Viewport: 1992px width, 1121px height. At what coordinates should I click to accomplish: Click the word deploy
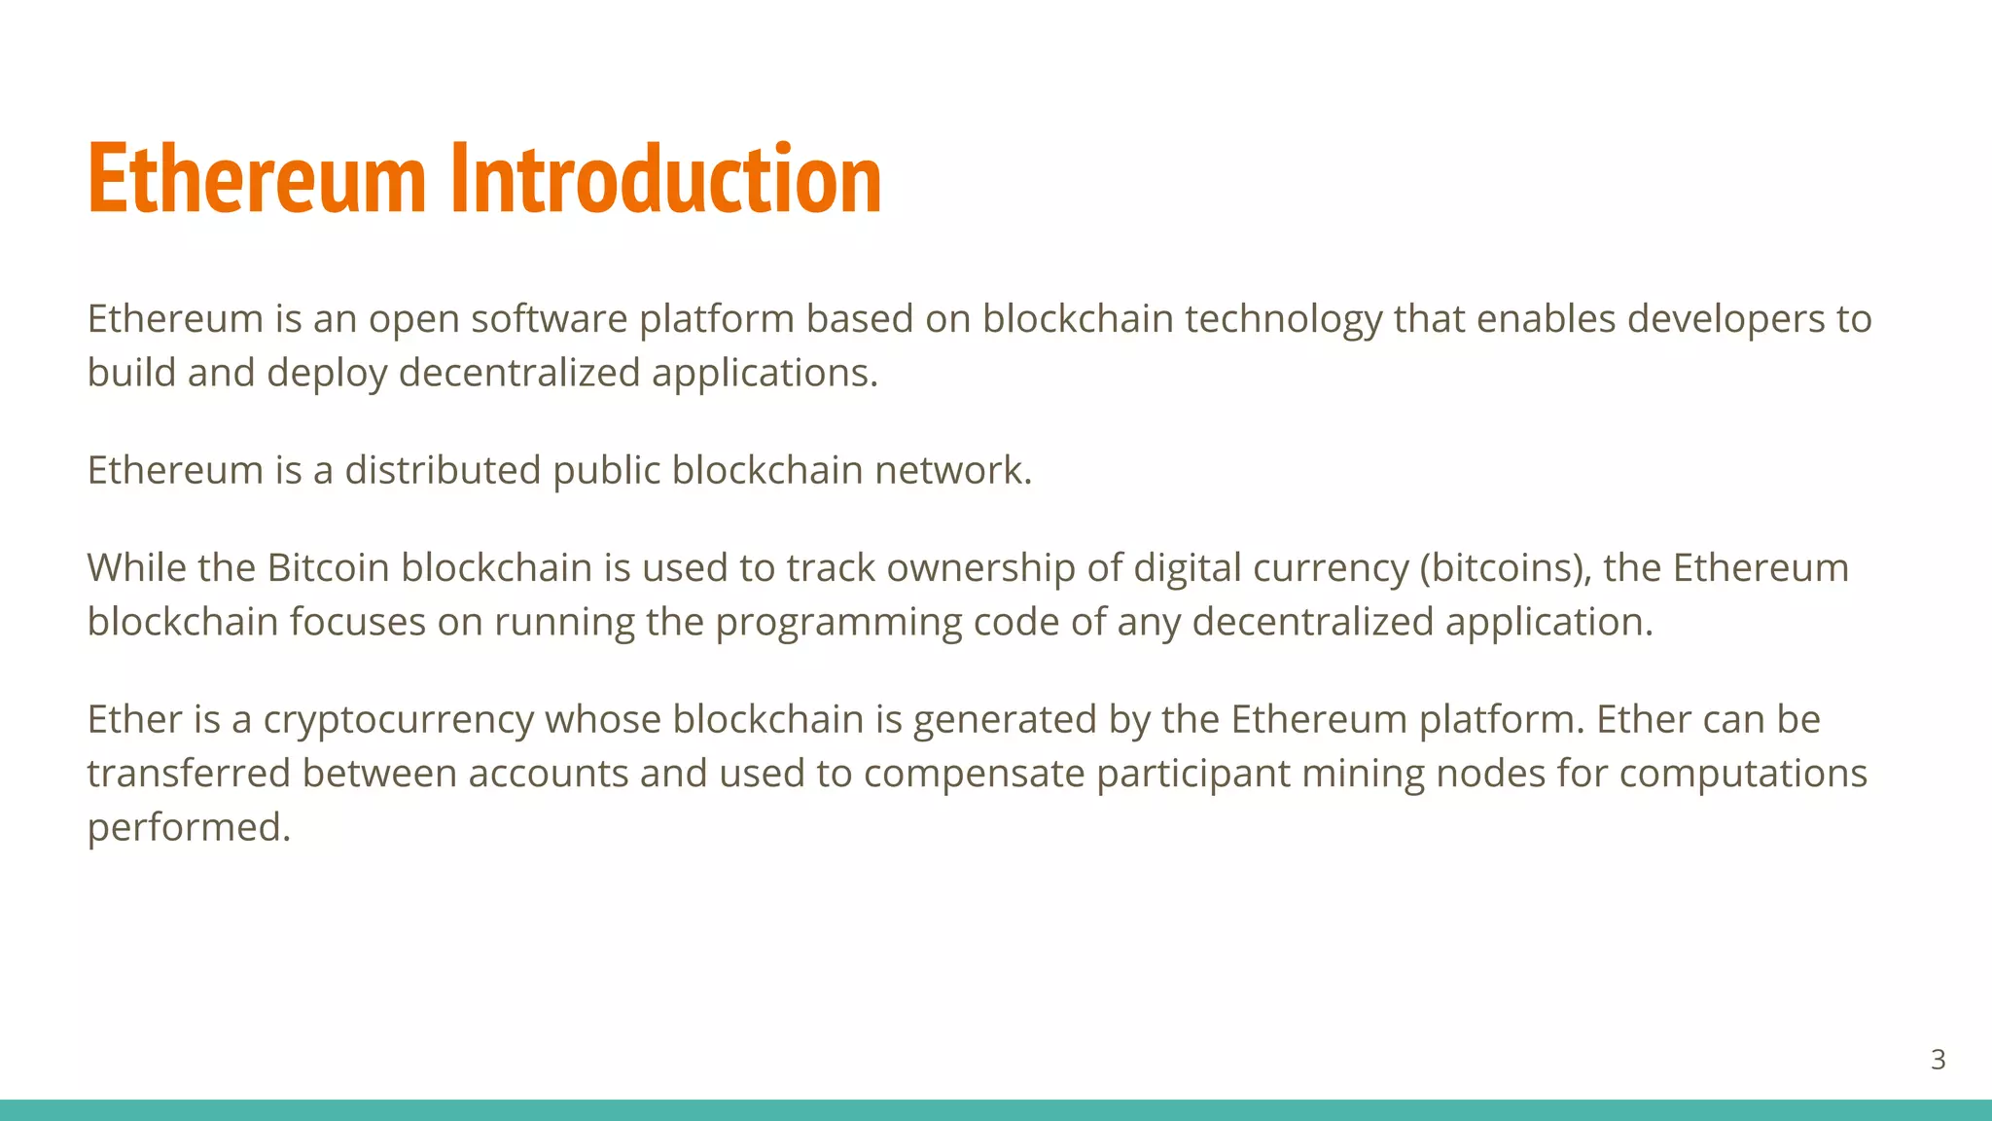coord(327,374)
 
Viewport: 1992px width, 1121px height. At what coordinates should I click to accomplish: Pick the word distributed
coord(443,471)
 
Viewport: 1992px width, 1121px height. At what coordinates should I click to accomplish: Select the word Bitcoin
coord(328,568)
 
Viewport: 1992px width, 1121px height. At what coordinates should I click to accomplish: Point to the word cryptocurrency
coord(398,720)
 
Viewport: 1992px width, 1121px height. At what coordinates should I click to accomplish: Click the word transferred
coord(189,775)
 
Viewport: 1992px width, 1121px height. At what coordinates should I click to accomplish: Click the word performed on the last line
coord(189,828)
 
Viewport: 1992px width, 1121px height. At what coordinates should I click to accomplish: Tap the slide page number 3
coord(1938,1060)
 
